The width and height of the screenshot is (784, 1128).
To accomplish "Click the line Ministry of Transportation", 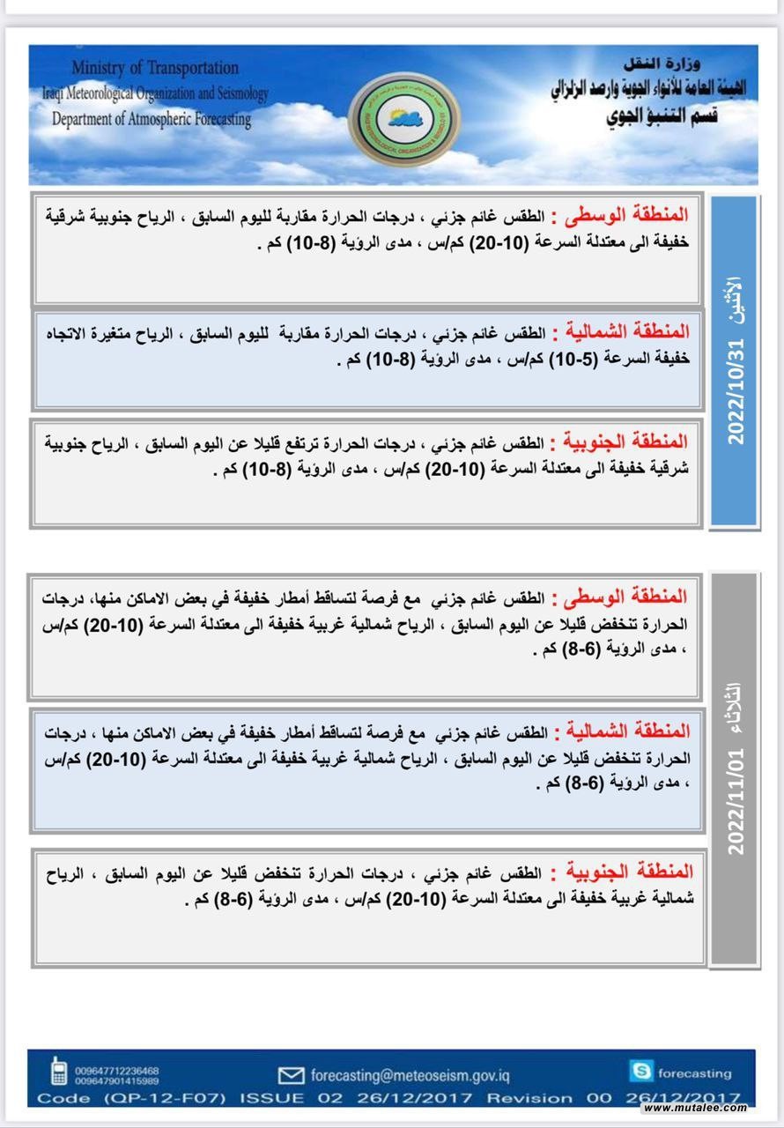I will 155,68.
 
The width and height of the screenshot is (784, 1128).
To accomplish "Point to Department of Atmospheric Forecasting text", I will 152,119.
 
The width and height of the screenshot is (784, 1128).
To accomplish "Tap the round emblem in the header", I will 404,120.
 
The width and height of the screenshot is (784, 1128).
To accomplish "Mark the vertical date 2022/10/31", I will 735,392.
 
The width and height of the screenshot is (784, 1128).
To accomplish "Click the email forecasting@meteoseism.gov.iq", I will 410,1075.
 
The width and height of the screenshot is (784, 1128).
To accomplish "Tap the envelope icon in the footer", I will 291,1075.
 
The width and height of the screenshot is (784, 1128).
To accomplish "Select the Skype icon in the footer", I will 641,1072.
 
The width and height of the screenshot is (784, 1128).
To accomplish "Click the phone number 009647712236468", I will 117,1070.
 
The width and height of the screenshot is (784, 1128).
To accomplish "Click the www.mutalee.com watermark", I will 695,1108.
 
